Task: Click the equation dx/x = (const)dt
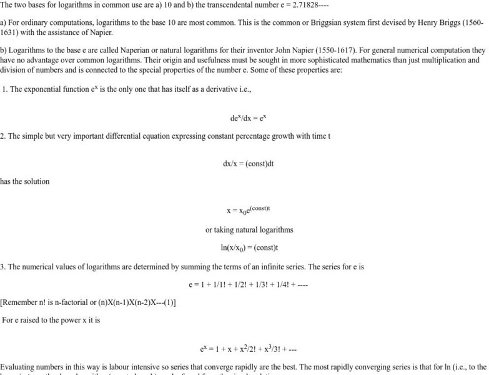click(249, 164)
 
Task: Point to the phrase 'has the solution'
click(25, 182)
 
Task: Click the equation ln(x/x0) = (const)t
click(249, 247)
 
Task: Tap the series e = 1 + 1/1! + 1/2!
click(248, 285)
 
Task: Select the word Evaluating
click(19, 367)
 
